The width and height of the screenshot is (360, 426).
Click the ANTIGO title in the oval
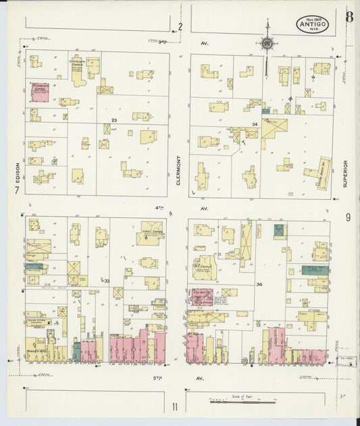(312, 26)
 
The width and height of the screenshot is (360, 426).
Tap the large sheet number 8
(349, 17)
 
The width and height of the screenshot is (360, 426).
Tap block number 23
(115, 120)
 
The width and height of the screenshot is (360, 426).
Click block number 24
(255, 125)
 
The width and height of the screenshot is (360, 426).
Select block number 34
(259, 284)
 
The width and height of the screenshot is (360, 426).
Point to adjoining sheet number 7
(16, 191)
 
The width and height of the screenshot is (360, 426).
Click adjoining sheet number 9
(348, 217)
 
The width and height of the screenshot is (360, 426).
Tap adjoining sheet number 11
(174, 406)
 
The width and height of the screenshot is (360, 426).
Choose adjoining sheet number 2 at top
(180, 27)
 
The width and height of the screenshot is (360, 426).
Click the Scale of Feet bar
(243, 401)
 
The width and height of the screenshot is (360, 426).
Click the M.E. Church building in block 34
(204, 267)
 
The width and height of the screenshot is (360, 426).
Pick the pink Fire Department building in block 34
(202, 296)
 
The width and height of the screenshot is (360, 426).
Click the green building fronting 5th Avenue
(77, 351)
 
